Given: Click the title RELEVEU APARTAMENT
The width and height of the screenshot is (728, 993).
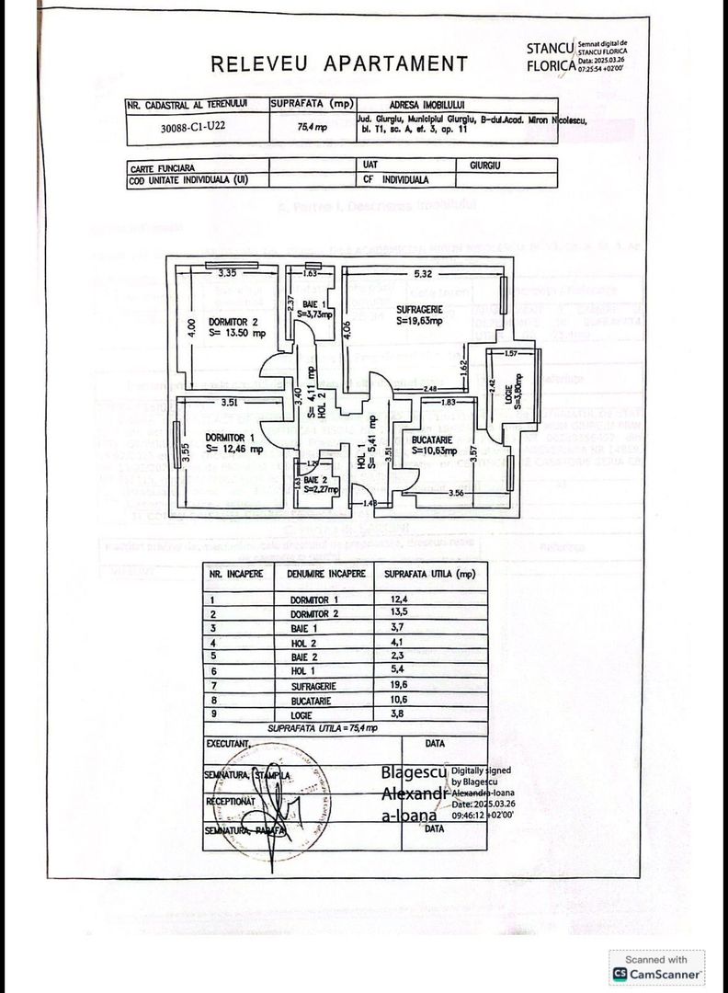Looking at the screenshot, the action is [339, 63].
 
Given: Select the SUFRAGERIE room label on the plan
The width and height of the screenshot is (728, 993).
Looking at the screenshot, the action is [417, 309].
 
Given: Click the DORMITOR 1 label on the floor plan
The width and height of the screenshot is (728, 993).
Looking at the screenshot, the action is [230, 438].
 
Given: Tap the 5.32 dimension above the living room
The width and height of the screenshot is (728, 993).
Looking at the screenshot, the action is [424, 273].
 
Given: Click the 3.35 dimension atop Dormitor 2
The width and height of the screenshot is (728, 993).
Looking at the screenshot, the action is [228, 272].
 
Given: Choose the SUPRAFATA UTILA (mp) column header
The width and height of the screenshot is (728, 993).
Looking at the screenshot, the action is [430, 573].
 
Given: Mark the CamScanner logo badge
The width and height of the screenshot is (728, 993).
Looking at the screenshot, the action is [657, 966].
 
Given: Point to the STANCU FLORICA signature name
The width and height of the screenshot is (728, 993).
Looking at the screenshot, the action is [550, 56].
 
